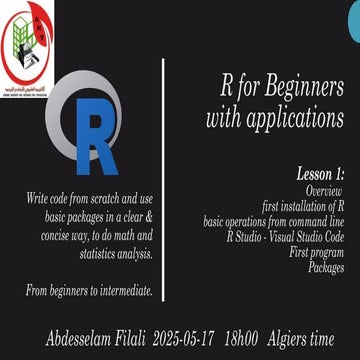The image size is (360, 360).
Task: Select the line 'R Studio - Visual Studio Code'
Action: click(x=286, y=228)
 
